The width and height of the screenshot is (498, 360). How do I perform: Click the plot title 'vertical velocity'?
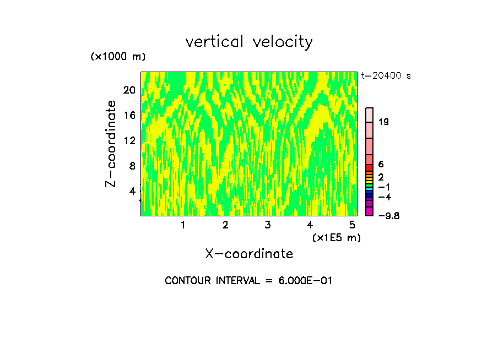(x=249, y=42)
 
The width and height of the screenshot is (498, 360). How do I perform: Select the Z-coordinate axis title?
(x=111, y=144)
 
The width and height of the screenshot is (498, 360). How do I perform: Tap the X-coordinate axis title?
(x=249, y=254)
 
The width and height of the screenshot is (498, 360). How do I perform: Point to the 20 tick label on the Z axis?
(x=129, y=90)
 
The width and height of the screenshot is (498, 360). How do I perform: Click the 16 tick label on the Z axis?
(x=129, y=115)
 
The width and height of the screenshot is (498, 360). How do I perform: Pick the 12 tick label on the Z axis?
(x=129, y=140)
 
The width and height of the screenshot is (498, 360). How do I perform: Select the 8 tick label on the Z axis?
(x=132, y=166)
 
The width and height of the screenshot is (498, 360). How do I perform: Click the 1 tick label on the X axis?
(x=183, y=225)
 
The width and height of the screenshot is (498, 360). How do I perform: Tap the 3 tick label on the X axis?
(x=268, y=225)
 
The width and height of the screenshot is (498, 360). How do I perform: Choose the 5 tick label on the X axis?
(x=352, y=225)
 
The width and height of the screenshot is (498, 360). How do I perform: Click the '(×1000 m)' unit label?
(x=118, y=57)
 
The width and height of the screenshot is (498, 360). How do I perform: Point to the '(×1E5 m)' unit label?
(x=336, y=238)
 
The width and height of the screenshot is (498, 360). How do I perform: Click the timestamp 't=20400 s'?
(x=386, y=76)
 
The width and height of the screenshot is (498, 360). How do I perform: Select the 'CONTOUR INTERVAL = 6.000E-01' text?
(x=249, y=281)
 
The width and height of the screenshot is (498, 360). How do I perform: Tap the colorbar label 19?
(x=384, y=122)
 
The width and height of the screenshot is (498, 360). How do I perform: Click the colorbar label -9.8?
(x=385, y=215)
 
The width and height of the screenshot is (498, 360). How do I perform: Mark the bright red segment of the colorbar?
(x=370, y=168)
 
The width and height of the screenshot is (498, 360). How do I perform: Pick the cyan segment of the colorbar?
(x=370, y=188)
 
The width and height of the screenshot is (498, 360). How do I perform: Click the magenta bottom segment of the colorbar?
(x=370, y=211)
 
